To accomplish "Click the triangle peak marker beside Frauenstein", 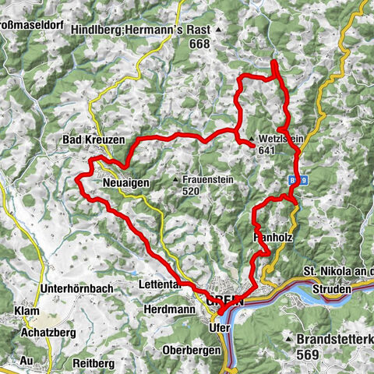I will coord(176,178).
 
